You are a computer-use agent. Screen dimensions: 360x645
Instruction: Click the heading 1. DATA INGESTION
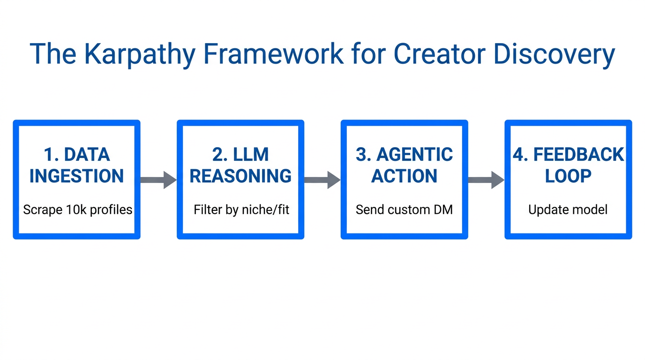point(76,165)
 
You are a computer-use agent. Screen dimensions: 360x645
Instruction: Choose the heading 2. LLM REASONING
point(240,165)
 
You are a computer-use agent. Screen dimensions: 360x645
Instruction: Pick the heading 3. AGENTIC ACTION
point(404,165)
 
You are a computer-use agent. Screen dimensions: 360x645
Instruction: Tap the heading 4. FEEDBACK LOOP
point(568,165)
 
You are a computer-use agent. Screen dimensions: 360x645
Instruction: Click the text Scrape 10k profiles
point(77,210)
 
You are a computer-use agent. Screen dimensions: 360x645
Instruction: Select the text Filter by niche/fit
point(241,210)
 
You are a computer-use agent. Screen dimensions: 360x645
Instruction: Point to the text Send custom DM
point(404,210)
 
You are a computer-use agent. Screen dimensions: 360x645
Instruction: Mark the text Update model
point(568,210)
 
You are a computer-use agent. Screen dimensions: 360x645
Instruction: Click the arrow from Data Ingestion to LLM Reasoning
point(158,180)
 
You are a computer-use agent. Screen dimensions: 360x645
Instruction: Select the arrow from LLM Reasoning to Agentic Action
point(322,180)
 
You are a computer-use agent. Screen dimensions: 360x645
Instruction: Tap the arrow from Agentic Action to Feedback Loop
point(486,180)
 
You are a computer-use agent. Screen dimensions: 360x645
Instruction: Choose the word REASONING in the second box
point(240,176)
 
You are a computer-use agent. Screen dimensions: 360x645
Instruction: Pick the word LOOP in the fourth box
point(568,176)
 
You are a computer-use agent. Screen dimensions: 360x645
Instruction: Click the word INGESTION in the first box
point(76,176)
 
